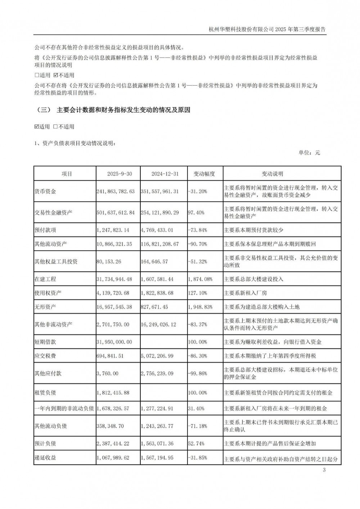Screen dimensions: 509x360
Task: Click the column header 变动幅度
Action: [204, 174]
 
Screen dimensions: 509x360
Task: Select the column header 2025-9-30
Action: [120, 174]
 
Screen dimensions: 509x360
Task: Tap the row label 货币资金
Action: [45, 192]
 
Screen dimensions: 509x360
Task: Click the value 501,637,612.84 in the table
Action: [116, 213]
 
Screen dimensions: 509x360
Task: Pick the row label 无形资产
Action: [45, 307]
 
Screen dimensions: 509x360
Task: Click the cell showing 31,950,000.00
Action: [114, 342]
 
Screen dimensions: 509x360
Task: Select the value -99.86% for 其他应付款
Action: [198, 374]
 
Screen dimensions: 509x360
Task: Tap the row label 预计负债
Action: [45, 444]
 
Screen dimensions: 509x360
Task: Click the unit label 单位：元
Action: [309, 153]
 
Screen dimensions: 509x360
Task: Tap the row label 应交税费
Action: [45, 356]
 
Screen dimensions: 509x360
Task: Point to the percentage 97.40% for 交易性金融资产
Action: [196, 213]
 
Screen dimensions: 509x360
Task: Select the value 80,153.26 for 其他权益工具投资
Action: [108, 262]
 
